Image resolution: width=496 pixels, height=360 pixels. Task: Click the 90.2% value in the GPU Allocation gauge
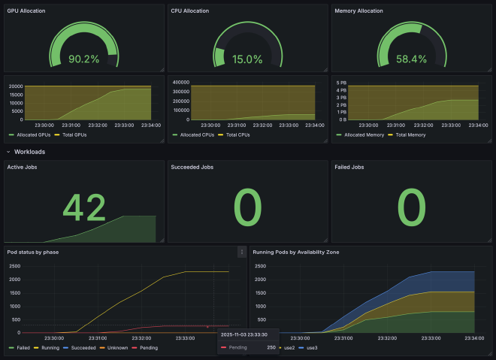coord(83,59)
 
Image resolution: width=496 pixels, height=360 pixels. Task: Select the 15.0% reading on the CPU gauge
coord(247,59)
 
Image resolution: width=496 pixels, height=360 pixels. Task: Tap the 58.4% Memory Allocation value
coord(411,59)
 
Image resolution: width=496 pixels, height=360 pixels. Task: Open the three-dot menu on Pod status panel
coord(241,252)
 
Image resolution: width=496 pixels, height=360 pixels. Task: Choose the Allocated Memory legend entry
coord(364,135)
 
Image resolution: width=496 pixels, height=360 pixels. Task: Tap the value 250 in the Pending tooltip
coord(271,348)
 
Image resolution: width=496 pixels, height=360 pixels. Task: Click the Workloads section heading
coord(30,152)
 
